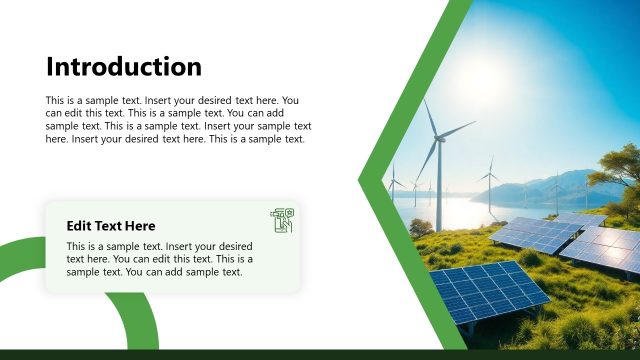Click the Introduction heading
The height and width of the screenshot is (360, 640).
click(124, 67)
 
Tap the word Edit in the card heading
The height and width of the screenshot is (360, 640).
click(80, 226)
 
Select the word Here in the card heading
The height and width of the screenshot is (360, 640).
click(138, 226)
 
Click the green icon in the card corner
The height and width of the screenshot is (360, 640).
click(281, 220)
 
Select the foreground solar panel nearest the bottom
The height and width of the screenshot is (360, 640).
click(488, 293)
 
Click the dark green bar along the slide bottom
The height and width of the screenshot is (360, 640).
click(320, 355)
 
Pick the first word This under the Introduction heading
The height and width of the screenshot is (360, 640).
click(56, 101)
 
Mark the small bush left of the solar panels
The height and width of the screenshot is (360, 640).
click(420, 228)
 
